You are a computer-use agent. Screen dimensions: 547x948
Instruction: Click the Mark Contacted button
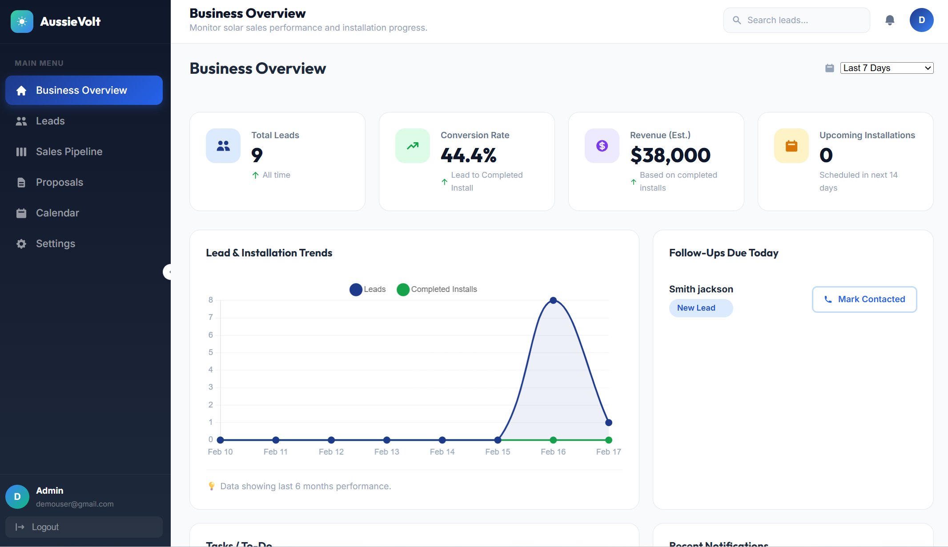864,299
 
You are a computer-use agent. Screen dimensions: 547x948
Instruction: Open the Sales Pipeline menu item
69,152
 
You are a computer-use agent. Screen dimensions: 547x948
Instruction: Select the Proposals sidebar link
59,182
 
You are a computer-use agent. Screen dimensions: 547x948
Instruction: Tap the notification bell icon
890,20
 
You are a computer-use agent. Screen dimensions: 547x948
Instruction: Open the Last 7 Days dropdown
887,68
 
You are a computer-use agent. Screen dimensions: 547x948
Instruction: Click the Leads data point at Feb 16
553,300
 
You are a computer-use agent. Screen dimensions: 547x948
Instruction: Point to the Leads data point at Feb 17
609,423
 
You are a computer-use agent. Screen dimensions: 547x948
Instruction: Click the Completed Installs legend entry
437,289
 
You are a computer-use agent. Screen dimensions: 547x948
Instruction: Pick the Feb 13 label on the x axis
386,451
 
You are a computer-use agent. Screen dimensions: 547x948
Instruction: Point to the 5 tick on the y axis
211,352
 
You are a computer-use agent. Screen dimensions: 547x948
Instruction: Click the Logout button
84,527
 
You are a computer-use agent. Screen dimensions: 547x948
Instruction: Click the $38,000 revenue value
670,155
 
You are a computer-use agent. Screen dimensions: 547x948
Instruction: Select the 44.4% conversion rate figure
468,155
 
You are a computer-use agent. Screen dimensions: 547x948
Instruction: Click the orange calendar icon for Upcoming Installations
791,146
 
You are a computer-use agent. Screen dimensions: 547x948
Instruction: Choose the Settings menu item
55,244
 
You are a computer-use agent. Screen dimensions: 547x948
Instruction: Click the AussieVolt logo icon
22,21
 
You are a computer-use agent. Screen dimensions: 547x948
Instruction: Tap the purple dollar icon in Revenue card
602,146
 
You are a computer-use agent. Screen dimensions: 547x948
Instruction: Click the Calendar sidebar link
57,213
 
